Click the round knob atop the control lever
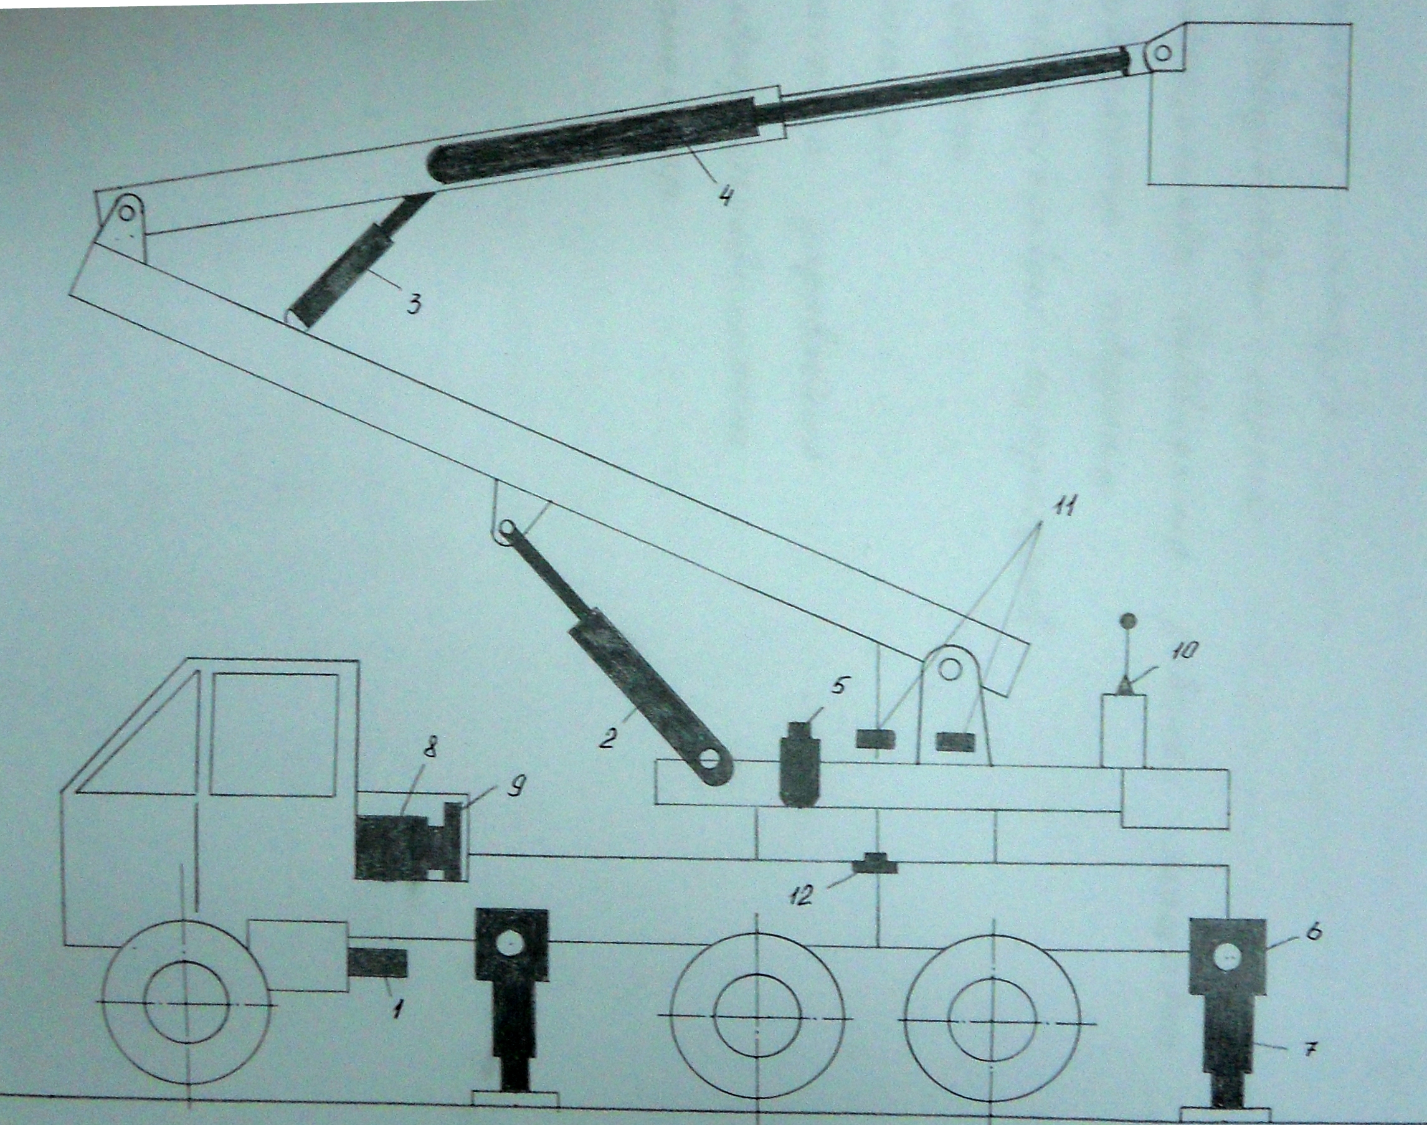1129,620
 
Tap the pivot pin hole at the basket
1163,53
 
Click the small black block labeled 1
378,963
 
